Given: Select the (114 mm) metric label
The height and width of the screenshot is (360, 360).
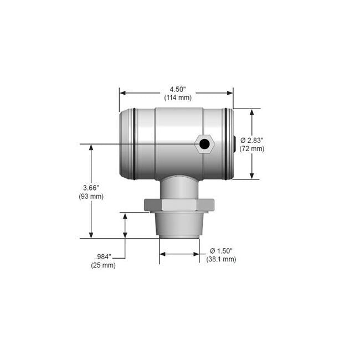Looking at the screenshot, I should pyautogui.click(x=178, y=97).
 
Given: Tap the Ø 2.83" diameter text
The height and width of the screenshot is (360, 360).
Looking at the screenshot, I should pyautogui.click(x=251, y=141).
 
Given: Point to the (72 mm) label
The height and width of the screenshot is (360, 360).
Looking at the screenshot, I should pyautogui.click(x=253, y=148).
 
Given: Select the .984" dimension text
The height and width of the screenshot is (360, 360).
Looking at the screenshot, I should pyautogui.click(x=104, y=257).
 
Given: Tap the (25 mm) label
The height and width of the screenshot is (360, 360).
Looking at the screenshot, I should pyautogui.click(x=104, y=265).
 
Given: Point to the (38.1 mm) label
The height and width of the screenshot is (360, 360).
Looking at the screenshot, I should pyautogui.click(x=221, y=259).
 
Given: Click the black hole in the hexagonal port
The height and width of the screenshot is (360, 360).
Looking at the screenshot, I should pyautogui.click(x=204, y=145).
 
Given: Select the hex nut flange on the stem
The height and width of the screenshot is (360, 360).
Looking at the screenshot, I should pyautogui.click(x=178, y=205).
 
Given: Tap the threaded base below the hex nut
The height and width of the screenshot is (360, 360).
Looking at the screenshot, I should pyautogui.click(x=179, y=225).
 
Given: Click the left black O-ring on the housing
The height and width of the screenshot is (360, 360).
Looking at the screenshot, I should pyautogui.click(x=133, y=144).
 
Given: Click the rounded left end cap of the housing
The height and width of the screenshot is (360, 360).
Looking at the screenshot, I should pyautogui.click(x=125, y=144).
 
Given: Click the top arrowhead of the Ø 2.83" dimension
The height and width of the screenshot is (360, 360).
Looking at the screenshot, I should pyautogui.click(x=252, y=112).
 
